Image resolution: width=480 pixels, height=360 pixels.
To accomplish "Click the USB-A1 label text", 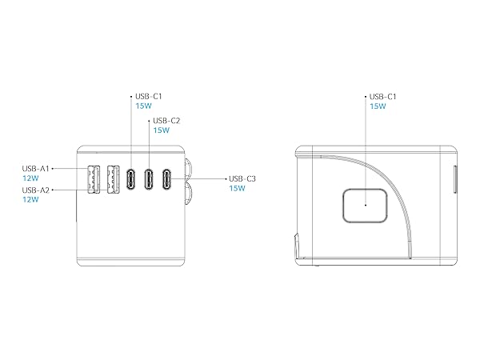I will point(35,169).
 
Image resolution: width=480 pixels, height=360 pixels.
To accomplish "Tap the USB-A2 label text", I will point(35,190).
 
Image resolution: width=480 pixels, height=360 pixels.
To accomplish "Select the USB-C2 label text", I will point(166,120).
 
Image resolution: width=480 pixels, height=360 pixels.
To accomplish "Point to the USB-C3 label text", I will point(242,178).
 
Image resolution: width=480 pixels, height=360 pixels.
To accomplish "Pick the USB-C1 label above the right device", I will point(383,97).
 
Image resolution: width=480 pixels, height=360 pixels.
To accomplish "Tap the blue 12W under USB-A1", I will point(30,178).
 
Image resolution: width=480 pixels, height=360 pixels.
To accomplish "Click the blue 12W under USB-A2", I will point(30,199).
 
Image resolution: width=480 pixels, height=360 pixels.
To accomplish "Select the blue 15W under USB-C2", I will point(161,130).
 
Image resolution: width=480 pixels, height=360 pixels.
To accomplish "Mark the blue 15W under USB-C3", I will point(236,188).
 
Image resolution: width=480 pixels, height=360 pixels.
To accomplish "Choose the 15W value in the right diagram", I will point(377,106).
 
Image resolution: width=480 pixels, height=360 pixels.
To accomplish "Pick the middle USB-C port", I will point(148,178).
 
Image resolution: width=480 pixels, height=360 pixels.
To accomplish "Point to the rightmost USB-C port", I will point(167,178).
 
